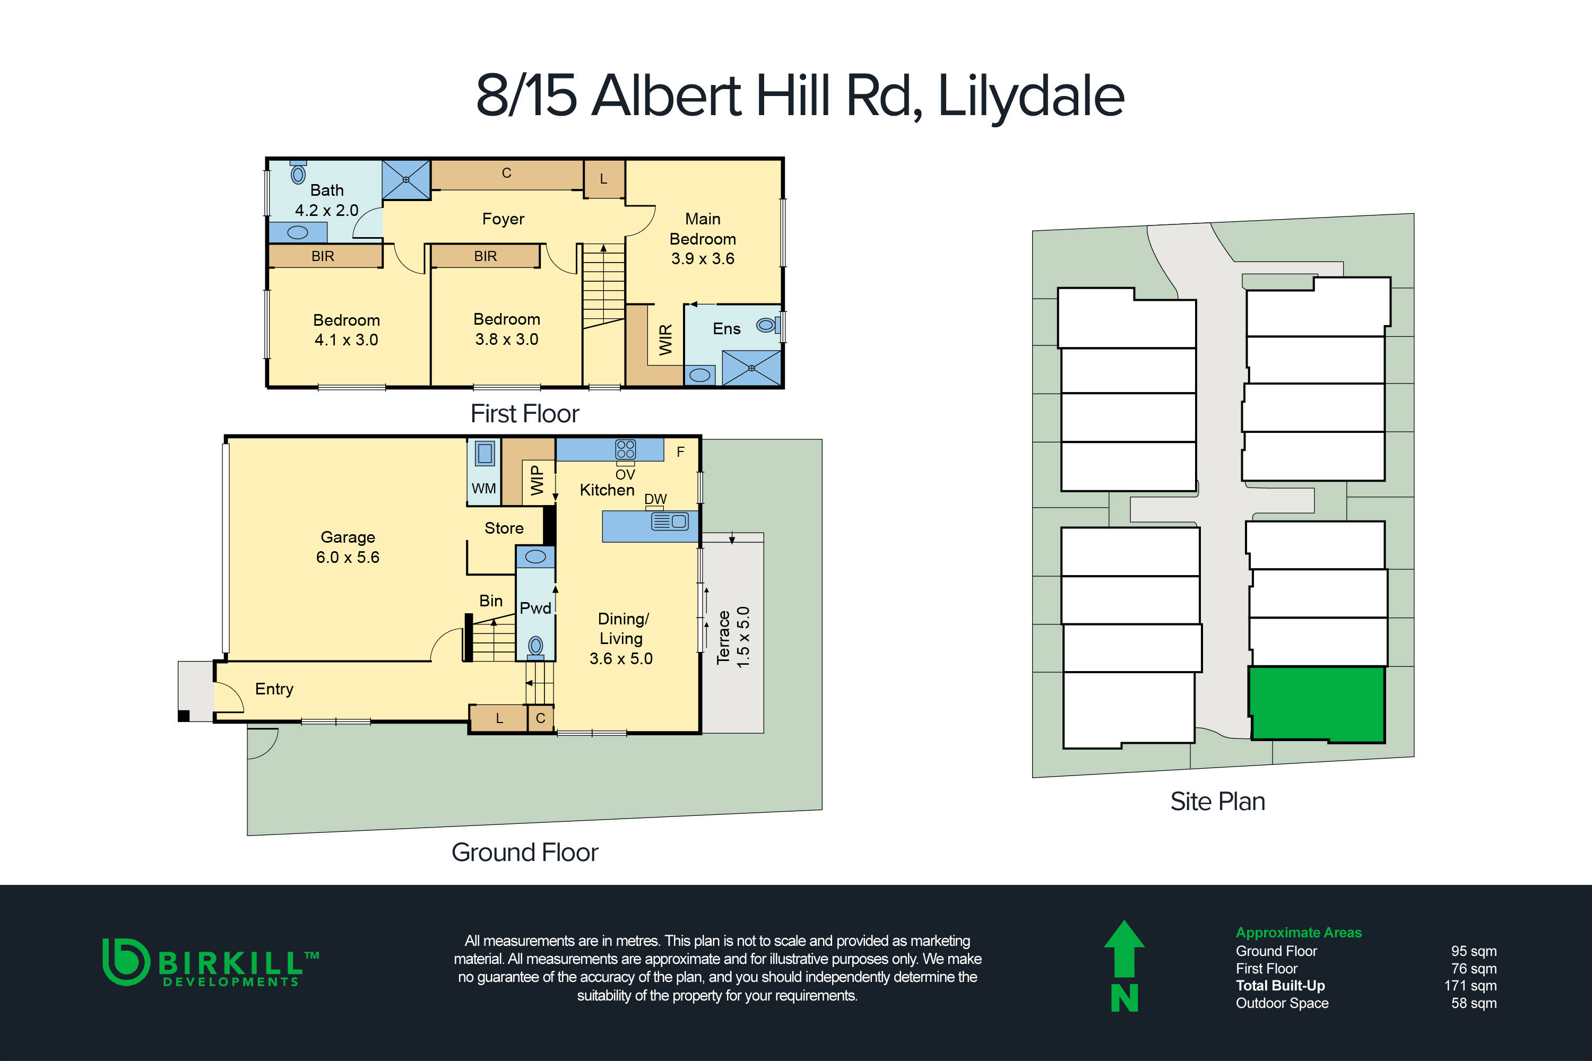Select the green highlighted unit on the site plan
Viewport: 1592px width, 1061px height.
(1316, 704)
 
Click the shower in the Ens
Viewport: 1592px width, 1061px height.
(751, 368)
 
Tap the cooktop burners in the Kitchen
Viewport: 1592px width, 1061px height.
(626, 449)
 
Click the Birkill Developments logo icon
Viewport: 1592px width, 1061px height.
(125, 961)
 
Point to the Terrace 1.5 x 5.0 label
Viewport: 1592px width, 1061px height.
(733, 637)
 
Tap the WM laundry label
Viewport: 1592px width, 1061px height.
(483, 488)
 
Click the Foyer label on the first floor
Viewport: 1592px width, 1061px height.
(503, 219)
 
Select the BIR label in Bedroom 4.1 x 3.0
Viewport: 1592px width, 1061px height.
(323, 256)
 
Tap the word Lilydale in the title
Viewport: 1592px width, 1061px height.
(1030, 95)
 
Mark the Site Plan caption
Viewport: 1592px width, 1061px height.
(1217, 801)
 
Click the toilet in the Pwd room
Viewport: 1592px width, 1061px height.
(535, 646)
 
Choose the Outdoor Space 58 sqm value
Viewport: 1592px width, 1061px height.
(1473, 1003)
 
